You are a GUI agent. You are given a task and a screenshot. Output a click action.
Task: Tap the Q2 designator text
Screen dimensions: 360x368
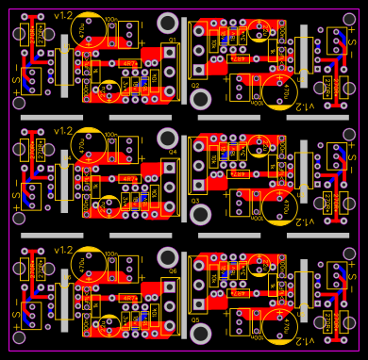coord(195,86)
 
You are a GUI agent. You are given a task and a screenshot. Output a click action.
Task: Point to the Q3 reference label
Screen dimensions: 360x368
coord(195,201)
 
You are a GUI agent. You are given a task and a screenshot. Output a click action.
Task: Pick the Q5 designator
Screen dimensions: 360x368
coord(195,319)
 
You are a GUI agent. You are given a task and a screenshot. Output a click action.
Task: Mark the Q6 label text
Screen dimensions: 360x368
coord(173,270)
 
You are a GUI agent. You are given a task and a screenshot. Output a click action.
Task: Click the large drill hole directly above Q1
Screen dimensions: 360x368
coord(168,24)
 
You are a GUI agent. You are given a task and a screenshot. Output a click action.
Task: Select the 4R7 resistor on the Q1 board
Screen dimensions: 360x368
coord(129,62)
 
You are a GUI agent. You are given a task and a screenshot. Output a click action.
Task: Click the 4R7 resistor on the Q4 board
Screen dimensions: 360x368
coord(129,179)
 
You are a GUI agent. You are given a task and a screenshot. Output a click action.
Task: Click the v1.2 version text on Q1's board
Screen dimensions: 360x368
coord(63,17)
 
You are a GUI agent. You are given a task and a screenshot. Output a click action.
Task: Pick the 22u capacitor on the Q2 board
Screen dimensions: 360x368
coord(258,35)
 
